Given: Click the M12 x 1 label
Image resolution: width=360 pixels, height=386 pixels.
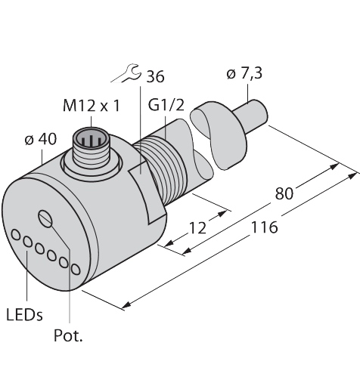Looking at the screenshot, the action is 92,106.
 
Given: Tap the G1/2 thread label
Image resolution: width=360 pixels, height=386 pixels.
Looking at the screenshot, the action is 166,105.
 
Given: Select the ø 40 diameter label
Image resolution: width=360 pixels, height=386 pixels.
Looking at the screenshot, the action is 41,139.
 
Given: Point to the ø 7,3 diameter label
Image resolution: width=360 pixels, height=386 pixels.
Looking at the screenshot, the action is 244,73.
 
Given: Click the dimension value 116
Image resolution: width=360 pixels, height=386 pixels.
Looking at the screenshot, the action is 265,227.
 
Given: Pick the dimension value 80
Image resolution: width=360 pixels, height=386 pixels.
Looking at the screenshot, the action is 284,193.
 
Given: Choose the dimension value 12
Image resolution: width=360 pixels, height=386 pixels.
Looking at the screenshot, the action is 197,228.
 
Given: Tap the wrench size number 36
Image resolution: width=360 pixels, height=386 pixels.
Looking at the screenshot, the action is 155,76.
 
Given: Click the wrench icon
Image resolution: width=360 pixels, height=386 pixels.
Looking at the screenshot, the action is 126,73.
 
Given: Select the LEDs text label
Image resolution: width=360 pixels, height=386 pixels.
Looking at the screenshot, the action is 24,315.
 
